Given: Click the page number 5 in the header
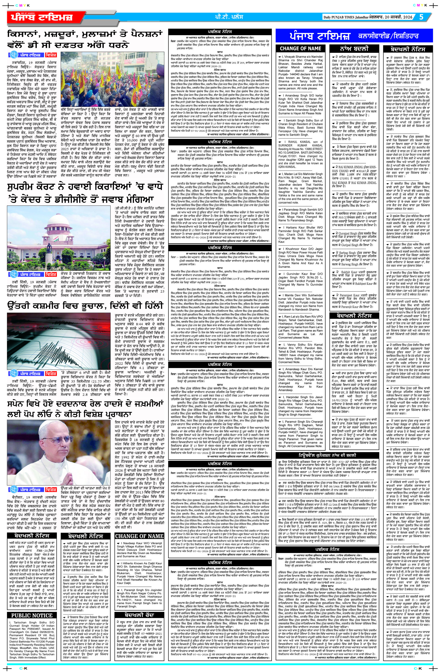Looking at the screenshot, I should point(421,17).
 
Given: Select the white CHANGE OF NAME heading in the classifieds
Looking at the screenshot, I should point(300,49).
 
